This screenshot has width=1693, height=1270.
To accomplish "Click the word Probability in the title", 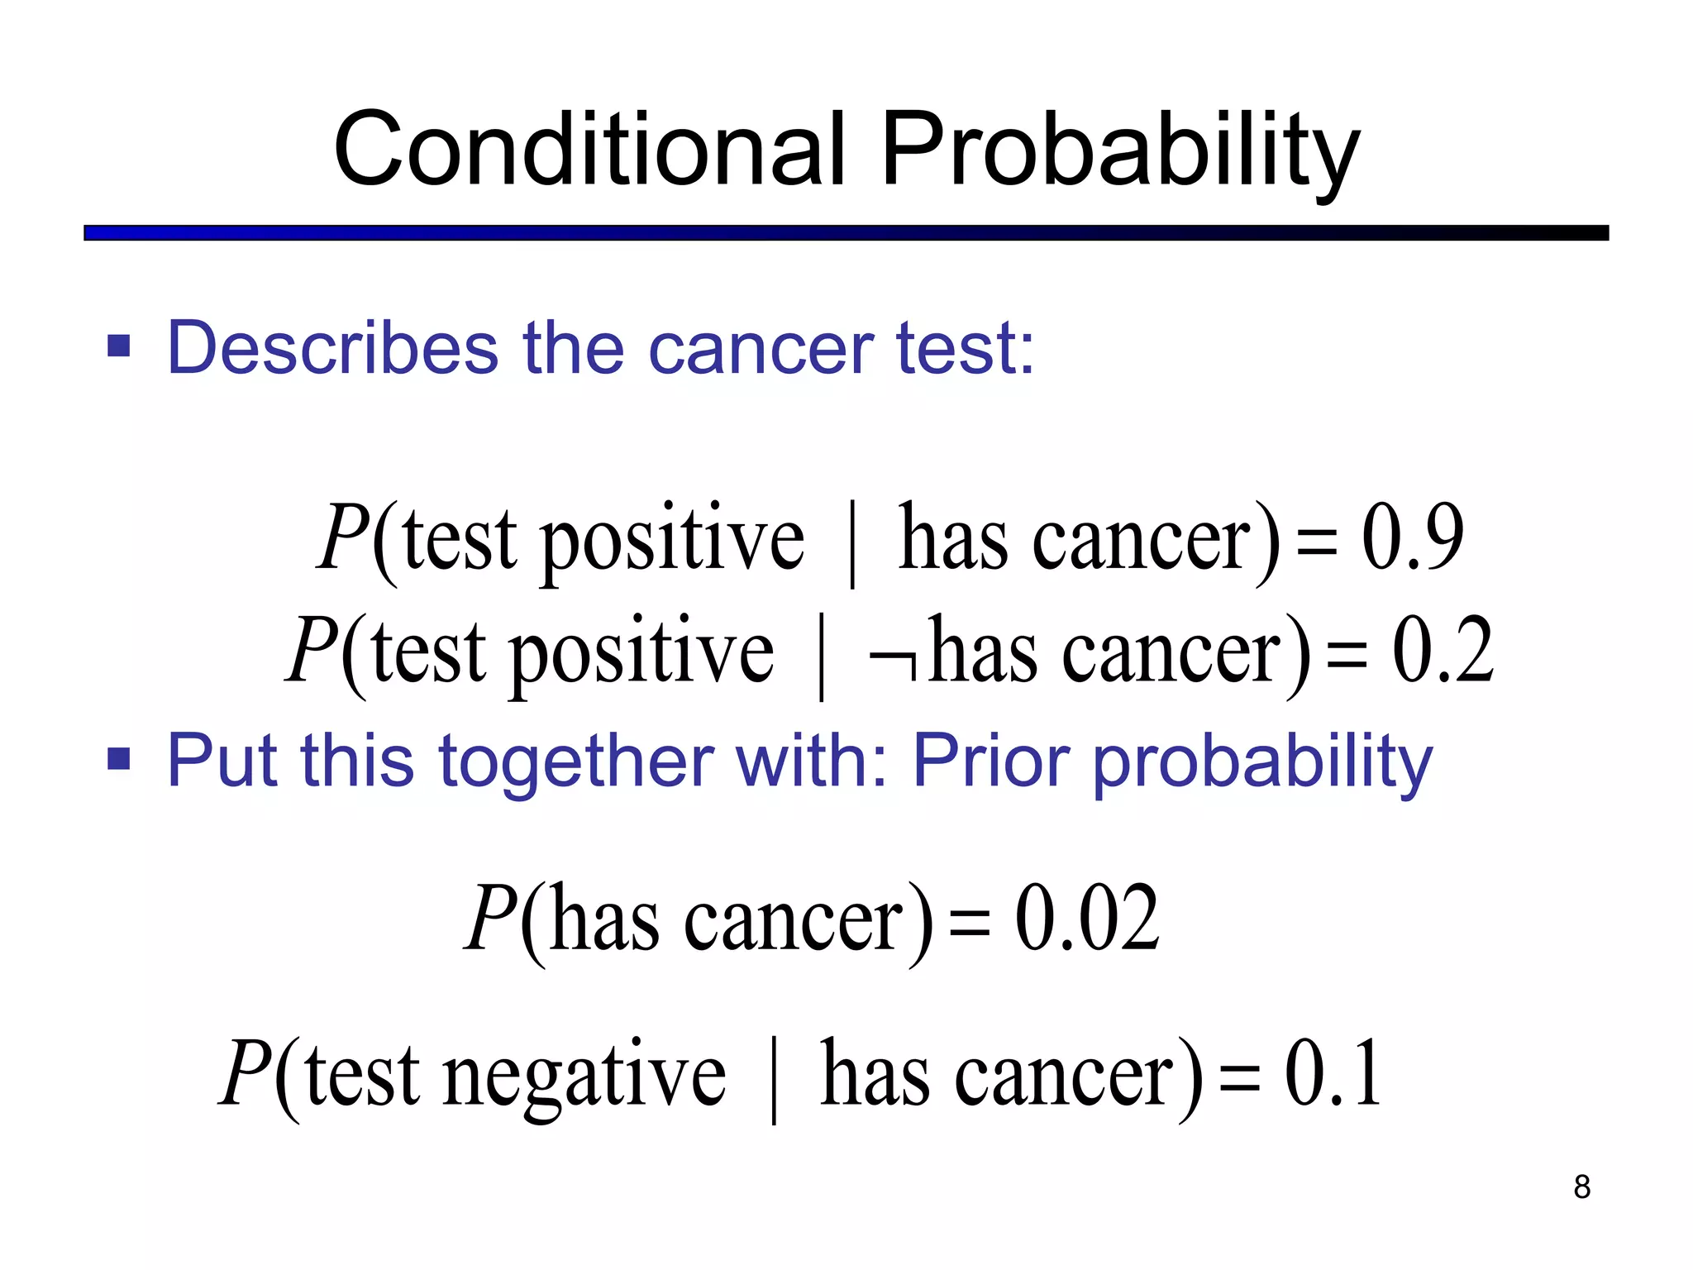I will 1119,150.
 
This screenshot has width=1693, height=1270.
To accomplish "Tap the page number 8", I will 1581,1186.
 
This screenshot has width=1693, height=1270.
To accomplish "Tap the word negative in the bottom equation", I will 584,1075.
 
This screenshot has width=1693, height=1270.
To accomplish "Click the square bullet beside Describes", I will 119,346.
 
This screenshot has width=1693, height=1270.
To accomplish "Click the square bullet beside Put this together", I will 119,758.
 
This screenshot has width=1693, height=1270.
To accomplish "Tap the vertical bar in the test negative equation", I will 774,1080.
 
